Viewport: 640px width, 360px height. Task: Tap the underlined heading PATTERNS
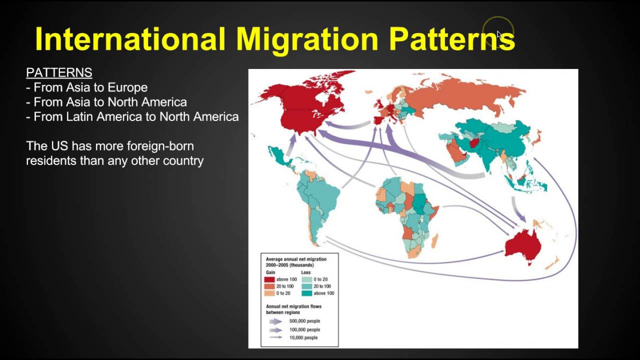59,72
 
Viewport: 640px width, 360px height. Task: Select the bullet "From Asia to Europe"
90,87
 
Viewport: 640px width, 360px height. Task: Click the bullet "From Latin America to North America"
136,117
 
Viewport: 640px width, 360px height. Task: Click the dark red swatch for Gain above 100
269,279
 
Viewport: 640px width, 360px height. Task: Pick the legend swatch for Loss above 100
306,293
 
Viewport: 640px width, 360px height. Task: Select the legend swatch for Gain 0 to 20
269,293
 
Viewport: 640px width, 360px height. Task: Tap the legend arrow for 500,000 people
275,321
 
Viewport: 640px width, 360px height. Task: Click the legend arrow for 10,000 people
275,337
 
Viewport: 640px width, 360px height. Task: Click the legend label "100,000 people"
304,329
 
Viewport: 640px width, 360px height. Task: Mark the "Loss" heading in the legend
306,272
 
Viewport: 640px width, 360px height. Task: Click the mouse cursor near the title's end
498,35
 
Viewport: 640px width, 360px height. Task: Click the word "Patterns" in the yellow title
452,39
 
